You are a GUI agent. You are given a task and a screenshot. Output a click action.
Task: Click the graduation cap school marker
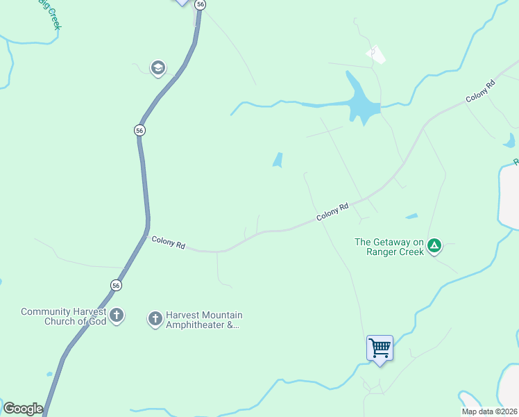coord(158,68)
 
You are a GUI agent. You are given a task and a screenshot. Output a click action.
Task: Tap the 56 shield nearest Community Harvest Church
coord(116,285)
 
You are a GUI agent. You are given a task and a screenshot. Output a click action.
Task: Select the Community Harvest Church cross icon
coord(117,316)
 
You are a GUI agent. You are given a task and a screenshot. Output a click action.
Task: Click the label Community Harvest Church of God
coord(63,316)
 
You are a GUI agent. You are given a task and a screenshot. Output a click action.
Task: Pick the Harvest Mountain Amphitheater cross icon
coord(155,319)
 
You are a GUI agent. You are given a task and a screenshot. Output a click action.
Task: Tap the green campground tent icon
coord(434,245)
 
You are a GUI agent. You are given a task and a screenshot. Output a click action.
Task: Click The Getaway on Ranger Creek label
coord(389,247)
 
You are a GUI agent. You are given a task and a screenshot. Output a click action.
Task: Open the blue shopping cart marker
coord(380,347)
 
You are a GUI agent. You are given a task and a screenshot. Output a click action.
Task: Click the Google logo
coord(23,409)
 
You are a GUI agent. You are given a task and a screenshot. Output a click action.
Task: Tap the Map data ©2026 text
coord(489,411)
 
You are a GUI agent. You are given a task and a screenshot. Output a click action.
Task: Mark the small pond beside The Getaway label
coord(412,216)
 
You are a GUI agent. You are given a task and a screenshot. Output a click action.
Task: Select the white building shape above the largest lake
coord(376,54)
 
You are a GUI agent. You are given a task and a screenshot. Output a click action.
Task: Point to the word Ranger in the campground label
coord(382,252)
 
